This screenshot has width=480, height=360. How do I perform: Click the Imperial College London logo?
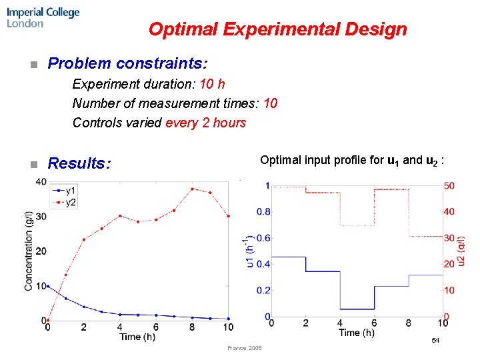point(43,18)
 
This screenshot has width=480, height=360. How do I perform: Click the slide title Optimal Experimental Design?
point(277,30)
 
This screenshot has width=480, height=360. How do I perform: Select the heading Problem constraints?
point(128,64)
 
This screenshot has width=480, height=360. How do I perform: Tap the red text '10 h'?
point(212,84)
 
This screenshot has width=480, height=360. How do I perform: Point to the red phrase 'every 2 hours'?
point(206,123)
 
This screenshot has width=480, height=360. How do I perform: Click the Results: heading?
point(79,164)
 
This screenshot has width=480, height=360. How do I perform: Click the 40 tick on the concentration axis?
point(40,182)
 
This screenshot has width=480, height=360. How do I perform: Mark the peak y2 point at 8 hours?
point(192,189)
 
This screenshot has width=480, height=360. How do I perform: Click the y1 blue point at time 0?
point(47,286)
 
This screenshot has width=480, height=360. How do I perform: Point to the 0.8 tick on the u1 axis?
point(263,212)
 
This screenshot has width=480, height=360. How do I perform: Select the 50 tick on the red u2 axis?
point(449,186)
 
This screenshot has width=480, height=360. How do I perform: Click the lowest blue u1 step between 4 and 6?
point(357,309)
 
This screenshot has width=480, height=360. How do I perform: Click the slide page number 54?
point(435,341)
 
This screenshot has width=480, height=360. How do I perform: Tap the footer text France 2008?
point(245,348)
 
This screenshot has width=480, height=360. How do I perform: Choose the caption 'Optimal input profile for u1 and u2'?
point(353,161)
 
